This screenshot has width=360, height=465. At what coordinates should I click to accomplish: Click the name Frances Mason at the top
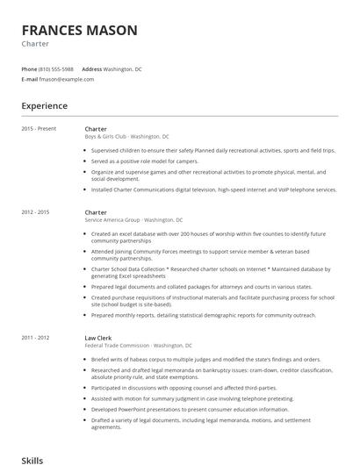(x=79, y=31)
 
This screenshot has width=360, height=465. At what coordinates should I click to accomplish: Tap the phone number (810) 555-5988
(x=56, y=68)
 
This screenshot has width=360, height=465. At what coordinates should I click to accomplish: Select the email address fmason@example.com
(x=67, y=79)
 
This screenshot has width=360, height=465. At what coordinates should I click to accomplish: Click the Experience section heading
(x=44, y=106)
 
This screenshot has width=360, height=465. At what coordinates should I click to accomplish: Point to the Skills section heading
(x=32, y=459)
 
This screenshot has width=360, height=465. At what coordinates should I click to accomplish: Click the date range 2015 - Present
(x=39, y=129)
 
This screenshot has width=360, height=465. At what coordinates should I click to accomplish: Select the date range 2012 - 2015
(x=35, y=212)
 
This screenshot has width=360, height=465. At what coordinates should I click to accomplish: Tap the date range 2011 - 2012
(x=35, y=338)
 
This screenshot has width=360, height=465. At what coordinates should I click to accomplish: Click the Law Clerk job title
(x=97, y=338)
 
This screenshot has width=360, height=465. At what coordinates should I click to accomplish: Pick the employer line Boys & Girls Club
(x=126, y=137)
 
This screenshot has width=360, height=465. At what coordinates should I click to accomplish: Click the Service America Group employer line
(x=133, y=220)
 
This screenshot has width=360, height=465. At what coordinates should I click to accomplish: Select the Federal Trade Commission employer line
(x=139, y=346)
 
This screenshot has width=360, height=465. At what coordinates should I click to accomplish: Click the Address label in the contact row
(x=91, y=68)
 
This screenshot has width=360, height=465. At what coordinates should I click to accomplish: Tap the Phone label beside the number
(x=29, y=68)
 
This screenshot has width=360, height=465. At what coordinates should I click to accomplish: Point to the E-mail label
(x=29, y=79)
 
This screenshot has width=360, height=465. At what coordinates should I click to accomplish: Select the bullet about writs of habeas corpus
(x=200, y=360)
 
